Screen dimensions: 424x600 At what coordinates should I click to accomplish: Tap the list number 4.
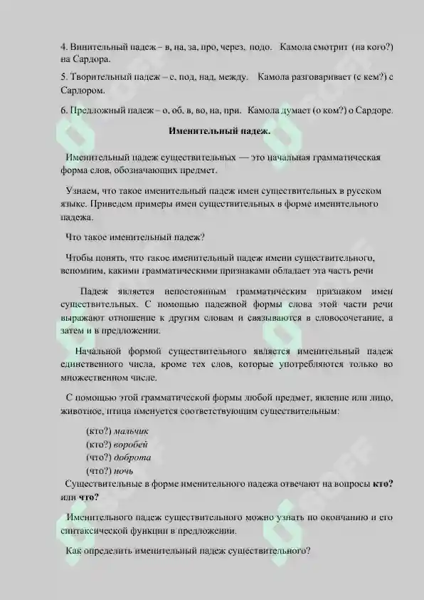pos(63,47)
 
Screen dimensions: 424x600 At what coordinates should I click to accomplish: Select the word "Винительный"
pos(97,47)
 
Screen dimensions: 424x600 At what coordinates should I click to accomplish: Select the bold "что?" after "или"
pos(89,497)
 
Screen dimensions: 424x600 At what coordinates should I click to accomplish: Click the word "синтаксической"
pos(93,532)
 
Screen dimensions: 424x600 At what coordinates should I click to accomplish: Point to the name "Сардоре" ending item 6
pos(373,110)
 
